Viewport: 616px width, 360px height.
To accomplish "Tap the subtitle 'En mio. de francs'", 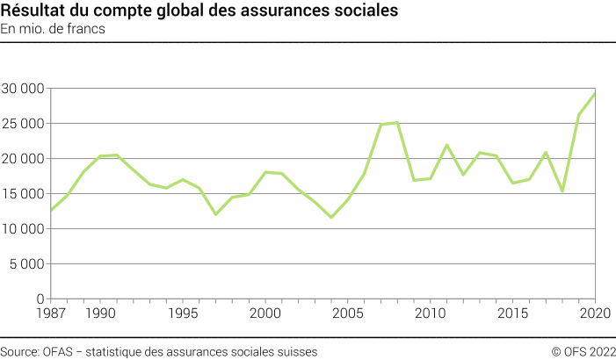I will click(52, 30).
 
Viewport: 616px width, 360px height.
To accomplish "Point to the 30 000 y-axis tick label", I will click(24, 89).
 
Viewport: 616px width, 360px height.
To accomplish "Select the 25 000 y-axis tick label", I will click(24, 124).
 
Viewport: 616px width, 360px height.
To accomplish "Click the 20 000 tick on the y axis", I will click(24, 159).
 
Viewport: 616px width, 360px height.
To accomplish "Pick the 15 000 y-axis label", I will click(24, 194).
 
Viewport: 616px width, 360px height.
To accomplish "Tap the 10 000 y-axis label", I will click(24, 229).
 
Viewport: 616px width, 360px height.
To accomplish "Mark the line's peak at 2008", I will click(397, 122).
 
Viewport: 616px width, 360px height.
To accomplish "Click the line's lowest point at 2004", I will click(331, 217).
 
